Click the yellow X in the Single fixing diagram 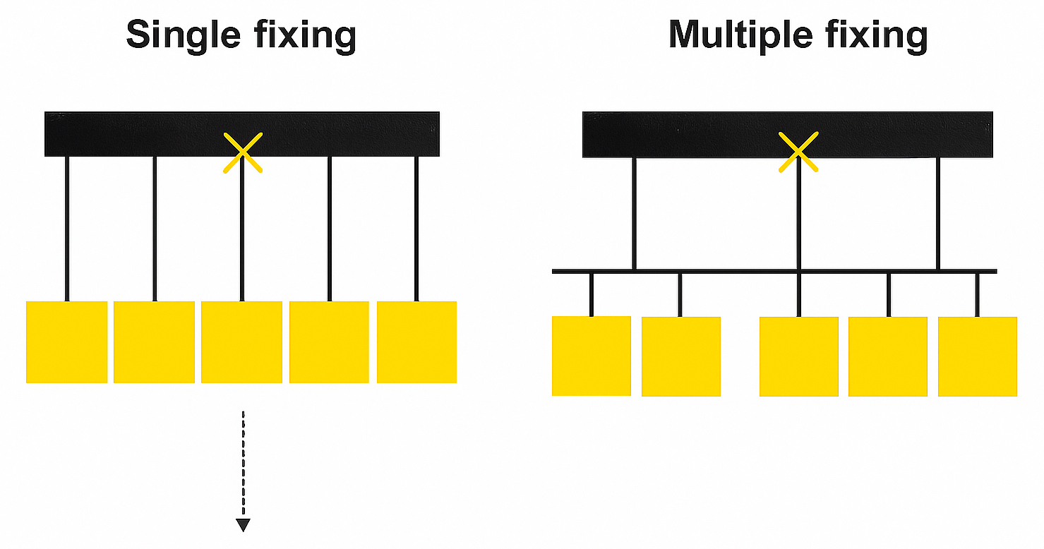242,152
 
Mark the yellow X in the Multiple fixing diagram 798,152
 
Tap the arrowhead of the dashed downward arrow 243,524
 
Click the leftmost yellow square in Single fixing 66,342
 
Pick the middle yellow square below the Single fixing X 241,342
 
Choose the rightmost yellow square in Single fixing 416,342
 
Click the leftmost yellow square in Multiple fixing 592,356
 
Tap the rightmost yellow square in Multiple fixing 978,356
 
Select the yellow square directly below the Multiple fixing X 799,356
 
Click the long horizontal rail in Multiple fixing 741,271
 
